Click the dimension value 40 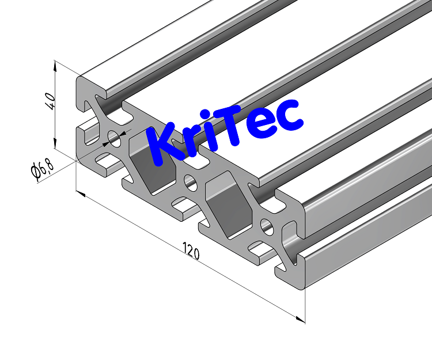coord(50,101)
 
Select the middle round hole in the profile coord(190,182)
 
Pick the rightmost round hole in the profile coord(266,226)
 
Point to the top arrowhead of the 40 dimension coord(55,65)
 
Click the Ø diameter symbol coord(36,172)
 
